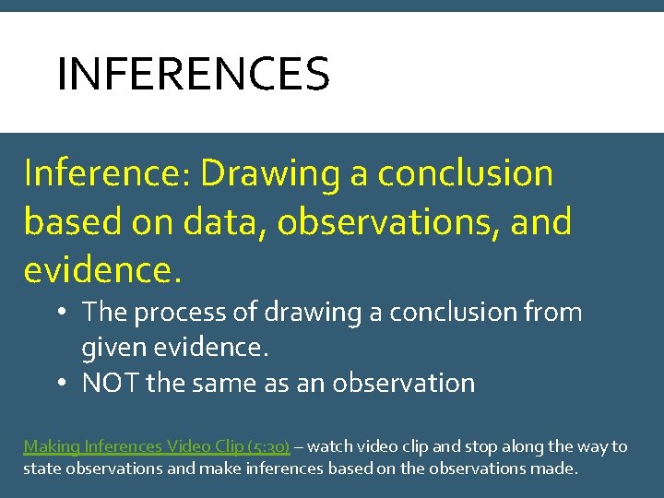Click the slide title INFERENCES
click(x=193, y=75)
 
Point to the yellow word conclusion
click(x=466, y=173)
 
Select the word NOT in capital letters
click(x=110, y=383)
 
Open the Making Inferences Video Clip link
click(x=156, y=446)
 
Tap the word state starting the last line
click(x=42, y=468)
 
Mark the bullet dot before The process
click(x=58, y=313)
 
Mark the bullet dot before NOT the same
click(x=58, y=383)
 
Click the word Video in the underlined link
click(x=190, y=446)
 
